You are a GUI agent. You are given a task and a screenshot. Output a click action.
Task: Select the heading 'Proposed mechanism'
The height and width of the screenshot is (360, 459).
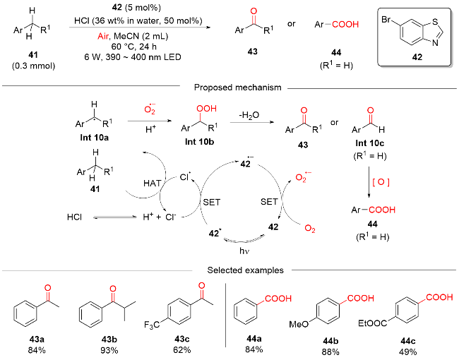click(229, 88)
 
